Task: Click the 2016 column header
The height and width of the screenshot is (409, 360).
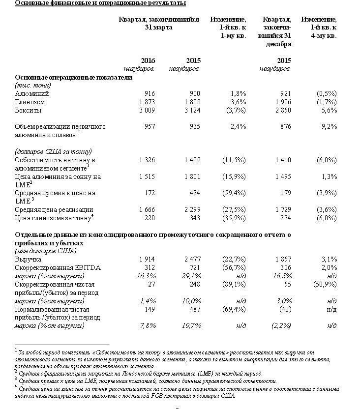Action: [148, 60]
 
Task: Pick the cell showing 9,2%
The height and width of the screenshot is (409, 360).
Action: [329, 126]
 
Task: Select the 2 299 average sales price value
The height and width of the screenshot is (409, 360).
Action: [192, 210]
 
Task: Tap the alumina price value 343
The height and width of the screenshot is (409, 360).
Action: [195, 218]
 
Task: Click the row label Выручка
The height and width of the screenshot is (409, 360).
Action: [29, 259]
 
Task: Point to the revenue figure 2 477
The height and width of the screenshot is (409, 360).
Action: [192, 259]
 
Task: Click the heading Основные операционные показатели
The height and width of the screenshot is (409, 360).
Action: [73, 77]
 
